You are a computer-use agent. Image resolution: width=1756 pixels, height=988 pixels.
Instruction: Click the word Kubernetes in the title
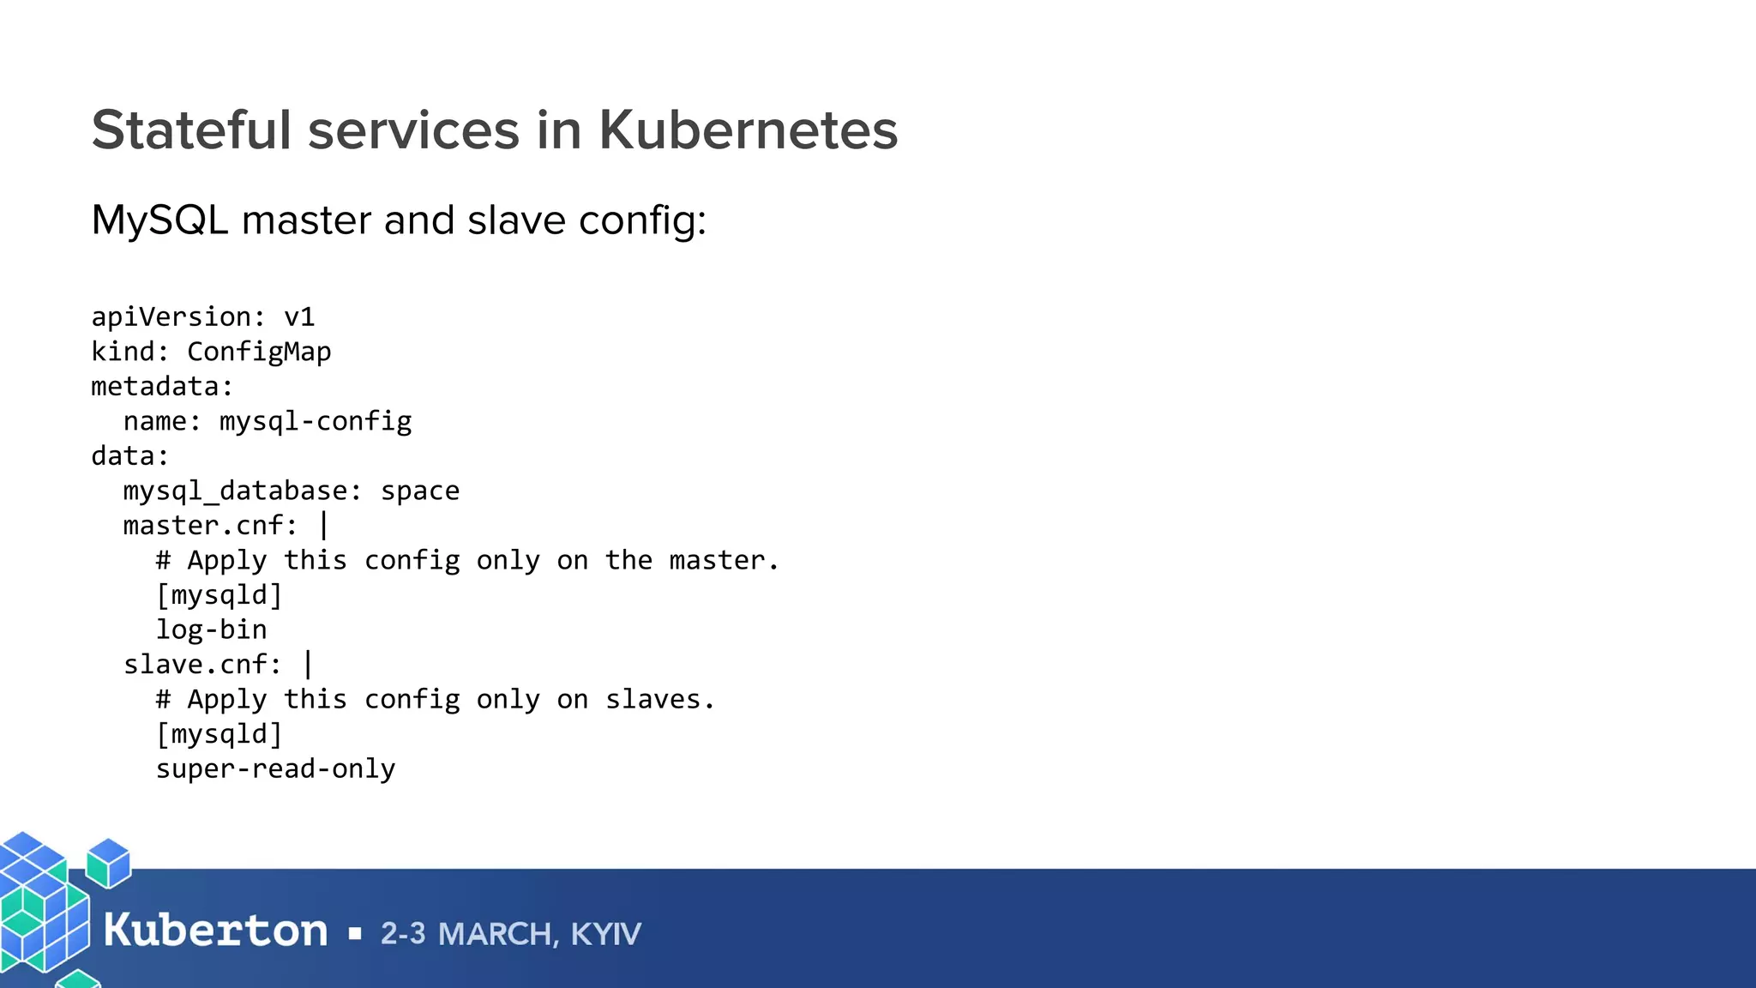[748, 130]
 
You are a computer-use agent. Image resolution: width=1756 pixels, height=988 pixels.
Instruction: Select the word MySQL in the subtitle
[159, 220]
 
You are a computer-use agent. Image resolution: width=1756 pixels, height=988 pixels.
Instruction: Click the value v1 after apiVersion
[299, 317]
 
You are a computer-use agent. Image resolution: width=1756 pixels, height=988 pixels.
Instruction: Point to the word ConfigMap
[259, 352]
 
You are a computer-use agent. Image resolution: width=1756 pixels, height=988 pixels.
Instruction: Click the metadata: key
[162, 387]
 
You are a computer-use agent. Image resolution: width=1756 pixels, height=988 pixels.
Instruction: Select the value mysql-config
[316, 421]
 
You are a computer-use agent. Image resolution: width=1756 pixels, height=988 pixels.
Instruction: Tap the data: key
[130, 456]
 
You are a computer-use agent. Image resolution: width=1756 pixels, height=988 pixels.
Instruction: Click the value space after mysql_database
[420, 491]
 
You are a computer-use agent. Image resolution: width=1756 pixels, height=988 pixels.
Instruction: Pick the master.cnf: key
[211, 526]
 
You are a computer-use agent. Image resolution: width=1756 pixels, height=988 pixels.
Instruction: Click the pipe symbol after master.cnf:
[324, 526]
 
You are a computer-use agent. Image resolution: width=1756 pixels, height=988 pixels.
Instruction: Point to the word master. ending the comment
[724, 561]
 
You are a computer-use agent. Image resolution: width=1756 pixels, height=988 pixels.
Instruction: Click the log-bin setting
[211, 630]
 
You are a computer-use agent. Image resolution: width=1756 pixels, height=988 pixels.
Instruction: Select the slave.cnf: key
[202, 665]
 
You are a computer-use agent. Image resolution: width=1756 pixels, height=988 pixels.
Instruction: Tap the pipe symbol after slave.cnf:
[308, 665]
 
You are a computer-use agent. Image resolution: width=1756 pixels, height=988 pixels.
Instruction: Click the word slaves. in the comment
[660, 700]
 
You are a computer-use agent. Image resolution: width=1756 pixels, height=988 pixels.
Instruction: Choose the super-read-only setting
[275, 769]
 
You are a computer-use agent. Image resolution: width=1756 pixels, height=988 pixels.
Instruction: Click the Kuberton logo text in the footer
[215, 931]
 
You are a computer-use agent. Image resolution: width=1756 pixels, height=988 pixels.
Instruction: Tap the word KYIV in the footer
[605, 934]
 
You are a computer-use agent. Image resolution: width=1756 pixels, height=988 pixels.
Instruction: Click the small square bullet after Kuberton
[355, 934]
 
